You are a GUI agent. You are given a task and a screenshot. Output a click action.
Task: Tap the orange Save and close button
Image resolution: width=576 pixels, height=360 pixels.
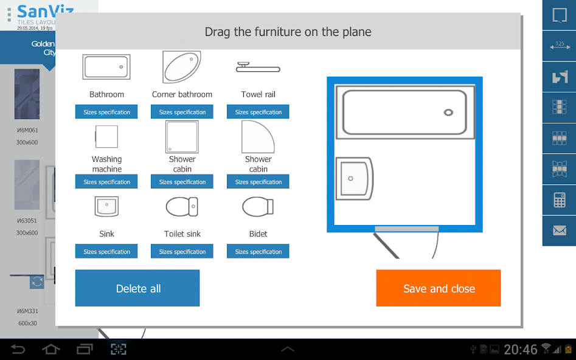pyautogui.click(x=438, y=288)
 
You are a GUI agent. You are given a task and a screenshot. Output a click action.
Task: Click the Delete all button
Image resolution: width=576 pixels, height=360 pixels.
pyautogui.click(x=137, y=288)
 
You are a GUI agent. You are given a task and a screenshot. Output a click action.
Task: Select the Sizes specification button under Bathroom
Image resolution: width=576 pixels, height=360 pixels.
pyautogui.click(x=106, y=112)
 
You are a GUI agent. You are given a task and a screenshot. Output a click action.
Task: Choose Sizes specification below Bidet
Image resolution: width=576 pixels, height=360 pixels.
pyautogui.click(x=258, y=251)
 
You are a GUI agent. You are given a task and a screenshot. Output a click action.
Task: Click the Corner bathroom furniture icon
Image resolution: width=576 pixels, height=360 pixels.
pyautogui.click(x=181, y=67)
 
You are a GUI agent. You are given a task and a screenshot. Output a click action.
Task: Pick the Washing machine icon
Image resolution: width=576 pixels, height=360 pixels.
pyautogui.click(x=106, y=136)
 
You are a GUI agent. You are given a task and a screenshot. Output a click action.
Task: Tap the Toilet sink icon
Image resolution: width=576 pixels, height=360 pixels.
pyautogui.click(x=182, y=207)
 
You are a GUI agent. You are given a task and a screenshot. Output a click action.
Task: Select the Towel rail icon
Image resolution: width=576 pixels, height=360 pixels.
pyautogui.click(x=258, y=67)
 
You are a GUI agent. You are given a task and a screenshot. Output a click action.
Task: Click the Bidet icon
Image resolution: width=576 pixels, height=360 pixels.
pyautogui.click(x=258, y=207)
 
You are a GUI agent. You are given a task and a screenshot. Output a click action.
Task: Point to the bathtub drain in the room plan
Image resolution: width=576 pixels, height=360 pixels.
pyautogui.click(x=448, y=112)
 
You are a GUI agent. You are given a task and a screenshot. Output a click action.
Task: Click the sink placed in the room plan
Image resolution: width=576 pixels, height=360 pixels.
pyautogui.click(x=353, y=178)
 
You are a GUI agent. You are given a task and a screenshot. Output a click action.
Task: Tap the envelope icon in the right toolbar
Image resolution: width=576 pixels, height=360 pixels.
pyautogui.click(x=559, y=230)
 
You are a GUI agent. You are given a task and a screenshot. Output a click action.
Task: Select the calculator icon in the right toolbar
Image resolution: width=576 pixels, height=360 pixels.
pyautogui.click(x=559, y=199)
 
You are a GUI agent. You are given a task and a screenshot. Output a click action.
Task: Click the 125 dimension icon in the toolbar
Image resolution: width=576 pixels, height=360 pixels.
pyautogui.click(x=559, y=46)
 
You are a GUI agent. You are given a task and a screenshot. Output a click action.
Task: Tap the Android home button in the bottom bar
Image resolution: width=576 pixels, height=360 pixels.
pyautogui.click(x=51, y=349)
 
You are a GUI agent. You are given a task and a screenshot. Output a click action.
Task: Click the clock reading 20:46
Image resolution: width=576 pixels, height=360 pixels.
pyautogui.click(x=520, y=349)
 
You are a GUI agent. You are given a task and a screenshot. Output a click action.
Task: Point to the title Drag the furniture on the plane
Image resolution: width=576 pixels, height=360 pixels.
pyautogui.click(x=288, y=32)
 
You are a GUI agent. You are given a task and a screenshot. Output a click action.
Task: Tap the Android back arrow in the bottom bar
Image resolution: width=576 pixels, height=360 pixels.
pyautogui.click(x=18, y=349)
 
